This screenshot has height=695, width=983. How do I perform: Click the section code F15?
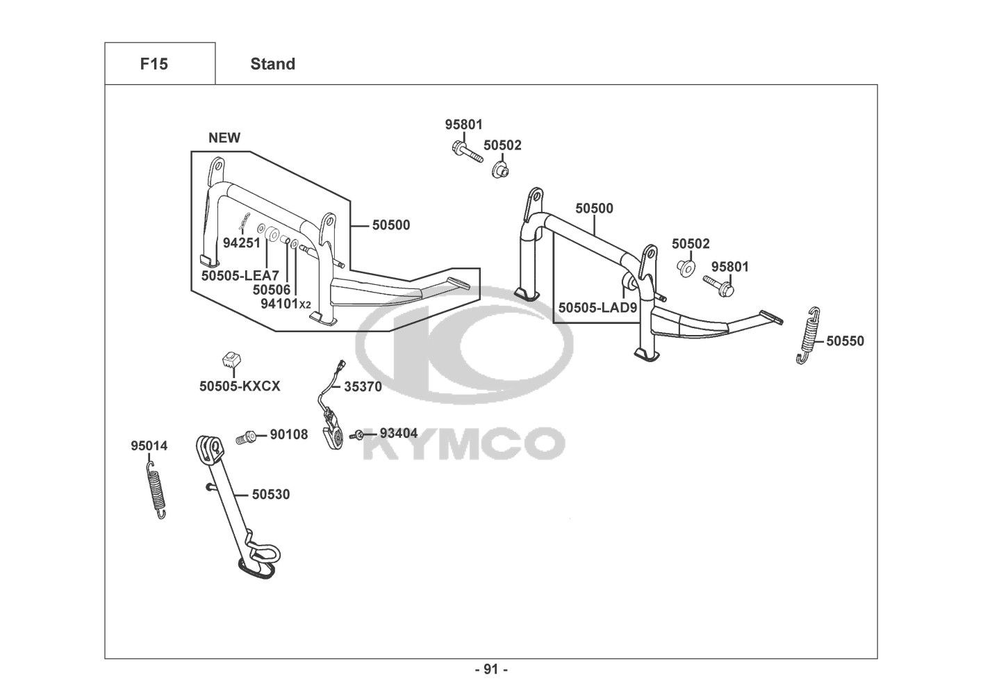(154, 64)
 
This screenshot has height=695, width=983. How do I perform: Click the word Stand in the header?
(272, 64)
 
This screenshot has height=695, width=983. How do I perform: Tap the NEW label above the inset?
(224, 138)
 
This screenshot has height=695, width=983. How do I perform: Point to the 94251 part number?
(241, 243)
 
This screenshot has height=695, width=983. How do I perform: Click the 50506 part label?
(272, 289)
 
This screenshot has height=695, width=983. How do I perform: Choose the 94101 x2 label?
(286, 304)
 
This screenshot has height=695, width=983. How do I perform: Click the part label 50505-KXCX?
(240, 386)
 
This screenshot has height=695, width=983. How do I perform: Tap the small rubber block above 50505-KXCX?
(231, 359)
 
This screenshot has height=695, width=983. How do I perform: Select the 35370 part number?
(363, 387)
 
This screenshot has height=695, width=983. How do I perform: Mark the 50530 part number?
(271, 495)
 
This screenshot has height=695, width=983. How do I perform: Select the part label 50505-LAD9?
(597, 306)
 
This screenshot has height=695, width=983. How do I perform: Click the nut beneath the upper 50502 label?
(500, 169)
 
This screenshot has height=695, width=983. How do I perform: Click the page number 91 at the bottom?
(491, 669)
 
